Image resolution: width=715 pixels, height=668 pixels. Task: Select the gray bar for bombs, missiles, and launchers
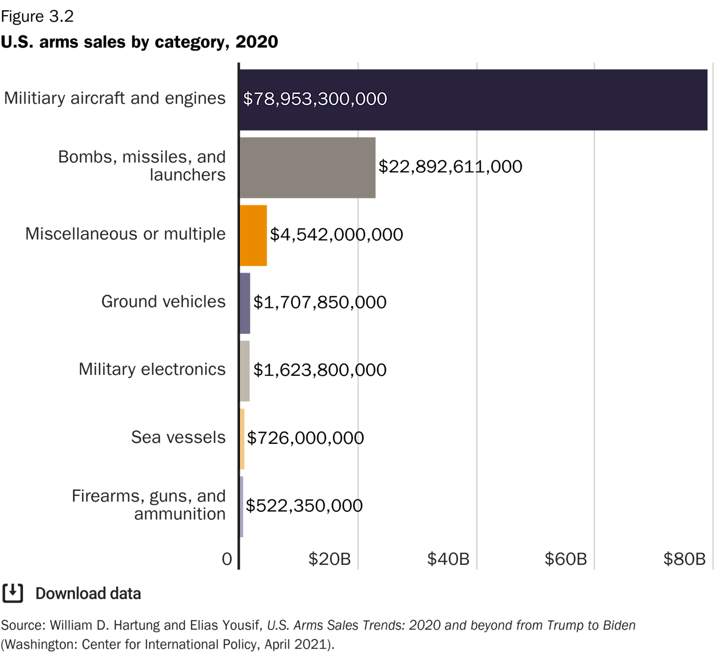pos(308,168)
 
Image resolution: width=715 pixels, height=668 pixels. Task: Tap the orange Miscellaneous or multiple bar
pos(253,235)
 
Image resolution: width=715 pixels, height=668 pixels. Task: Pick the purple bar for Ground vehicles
pos(245,303)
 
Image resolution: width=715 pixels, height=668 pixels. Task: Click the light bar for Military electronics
pos(245,371)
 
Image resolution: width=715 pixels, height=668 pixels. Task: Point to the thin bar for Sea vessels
pos(243,439)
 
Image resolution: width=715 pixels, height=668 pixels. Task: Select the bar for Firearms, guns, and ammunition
pos(242,507)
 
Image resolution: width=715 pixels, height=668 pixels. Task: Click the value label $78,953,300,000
pos(315,99)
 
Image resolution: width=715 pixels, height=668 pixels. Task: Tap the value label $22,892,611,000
pos(450,167)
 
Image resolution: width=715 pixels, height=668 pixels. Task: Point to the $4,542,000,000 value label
pos(336,235)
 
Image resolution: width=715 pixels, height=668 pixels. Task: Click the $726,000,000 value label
pos(305,438)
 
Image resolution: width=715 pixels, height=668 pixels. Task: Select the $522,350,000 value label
pos(304,506)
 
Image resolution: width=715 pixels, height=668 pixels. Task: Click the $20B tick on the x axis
pos(329,559)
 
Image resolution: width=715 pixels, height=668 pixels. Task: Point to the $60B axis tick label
pos(565,559)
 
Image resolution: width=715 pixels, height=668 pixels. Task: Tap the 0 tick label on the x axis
pos(227,559)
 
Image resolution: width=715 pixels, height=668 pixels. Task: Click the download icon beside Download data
pos(13,593)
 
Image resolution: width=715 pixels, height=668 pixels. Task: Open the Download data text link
pos(88,593)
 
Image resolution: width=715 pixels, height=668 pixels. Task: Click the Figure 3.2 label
pos(37,17)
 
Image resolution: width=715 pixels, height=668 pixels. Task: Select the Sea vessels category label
pos(178,438)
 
